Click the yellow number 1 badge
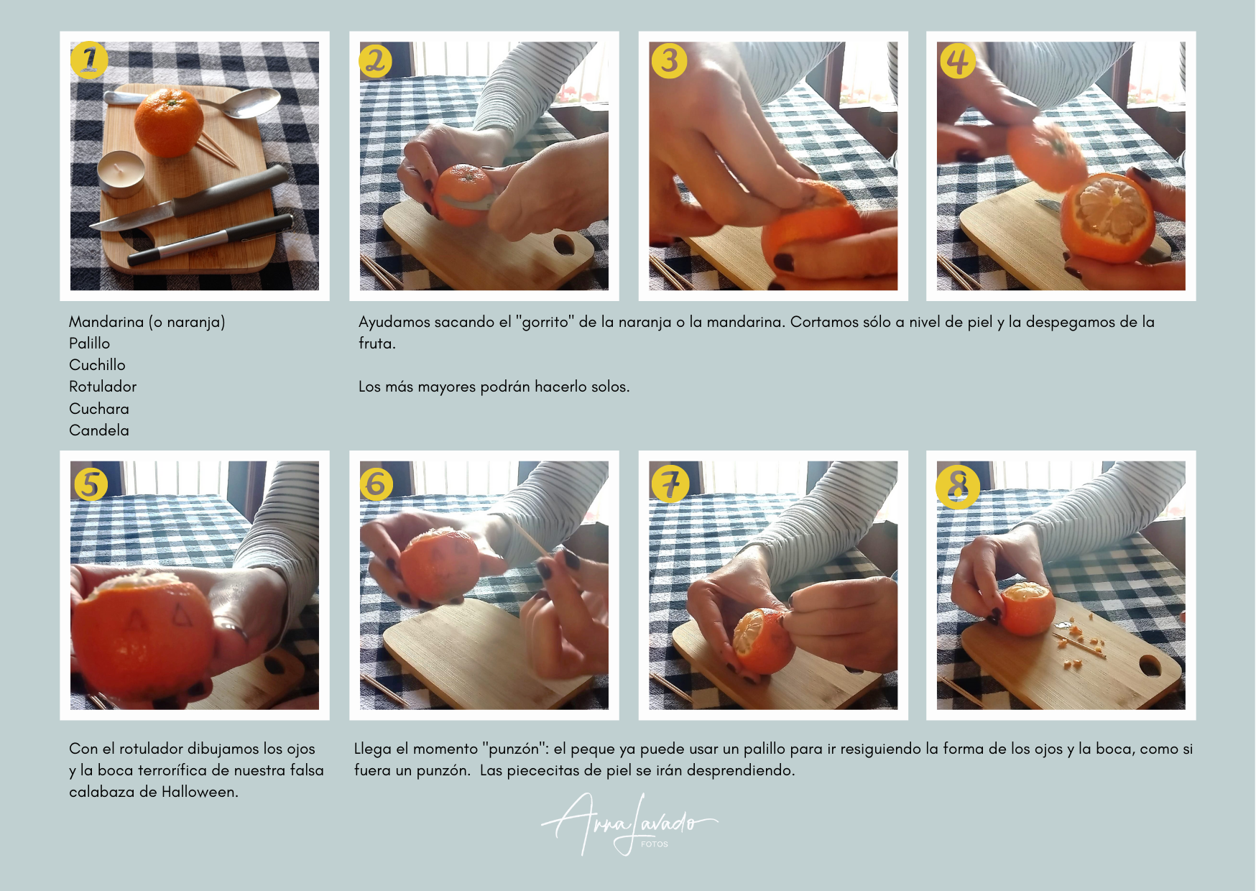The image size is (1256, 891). pyautogui.click(x=89, y=60)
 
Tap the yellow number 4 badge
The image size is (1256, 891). pyautogui.click(x=958, y=60)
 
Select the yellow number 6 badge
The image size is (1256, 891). pyautogui.click(x=377, y=484)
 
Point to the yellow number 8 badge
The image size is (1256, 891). pyautogui.click(x=958, y=487)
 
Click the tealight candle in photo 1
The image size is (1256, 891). pyautogui.click(x=121, y=173)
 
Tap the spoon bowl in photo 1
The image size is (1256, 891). pyautogui.click(x=254, y=103)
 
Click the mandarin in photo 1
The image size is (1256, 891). pyautogui.click(x=169, y=122)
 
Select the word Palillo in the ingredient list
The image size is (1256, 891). pyautogui.click(x=90, y=343)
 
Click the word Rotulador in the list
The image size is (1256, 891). pyautogui.click(x=103, y=387)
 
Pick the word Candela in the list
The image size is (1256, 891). pyautogui.click(x=99, y=430)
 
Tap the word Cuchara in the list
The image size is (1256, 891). pyautogui.click(x=99, y=409)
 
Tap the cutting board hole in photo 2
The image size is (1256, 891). pyautogui.click(x=564, y=244)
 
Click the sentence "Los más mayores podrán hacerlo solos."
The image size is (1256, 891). pyautogui.click(x=494, y=387)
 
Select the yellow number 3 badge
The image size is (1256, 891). pyautogui.click(x=669, y=60)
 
